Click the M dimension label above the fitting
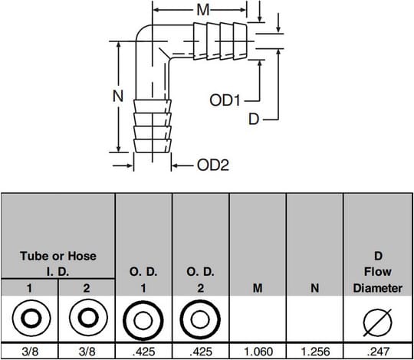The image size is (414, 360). click(202, 10)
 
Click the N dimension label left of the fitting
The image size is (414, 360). click(118, 96)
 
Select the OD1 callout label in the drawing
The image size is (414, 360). click(225, 100)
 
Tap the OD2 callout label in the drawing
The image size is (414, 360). click(213, 165)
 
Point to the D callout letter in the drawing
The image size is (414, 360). click(254, 119)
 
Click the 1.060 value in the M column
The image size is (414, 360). click(258, 352)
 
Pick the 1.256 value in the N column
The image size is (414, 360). click(315, 352)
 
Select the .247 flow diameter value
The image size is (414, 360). click(378, 352)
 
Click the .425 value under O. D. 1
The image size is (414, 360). click(143, 352)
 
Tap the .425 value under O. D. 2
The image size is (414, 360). click(201, 352)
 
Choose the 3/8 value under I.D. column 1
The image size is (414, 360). click(30, 352)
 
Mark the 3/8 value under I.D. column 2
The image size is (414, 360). click(87, 352)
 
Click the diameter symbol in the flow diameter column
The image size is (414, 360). click(378, 322)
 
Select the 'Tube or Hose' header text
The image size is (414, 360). click(58, 256)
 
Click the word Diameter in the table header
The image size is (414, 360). click(378, 288)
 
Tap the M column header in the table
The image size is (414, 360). click(258, 288)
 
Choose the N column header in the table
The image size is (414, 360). click(315, 288)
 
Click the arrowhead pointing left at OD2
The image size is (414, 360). click(175, 165)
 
